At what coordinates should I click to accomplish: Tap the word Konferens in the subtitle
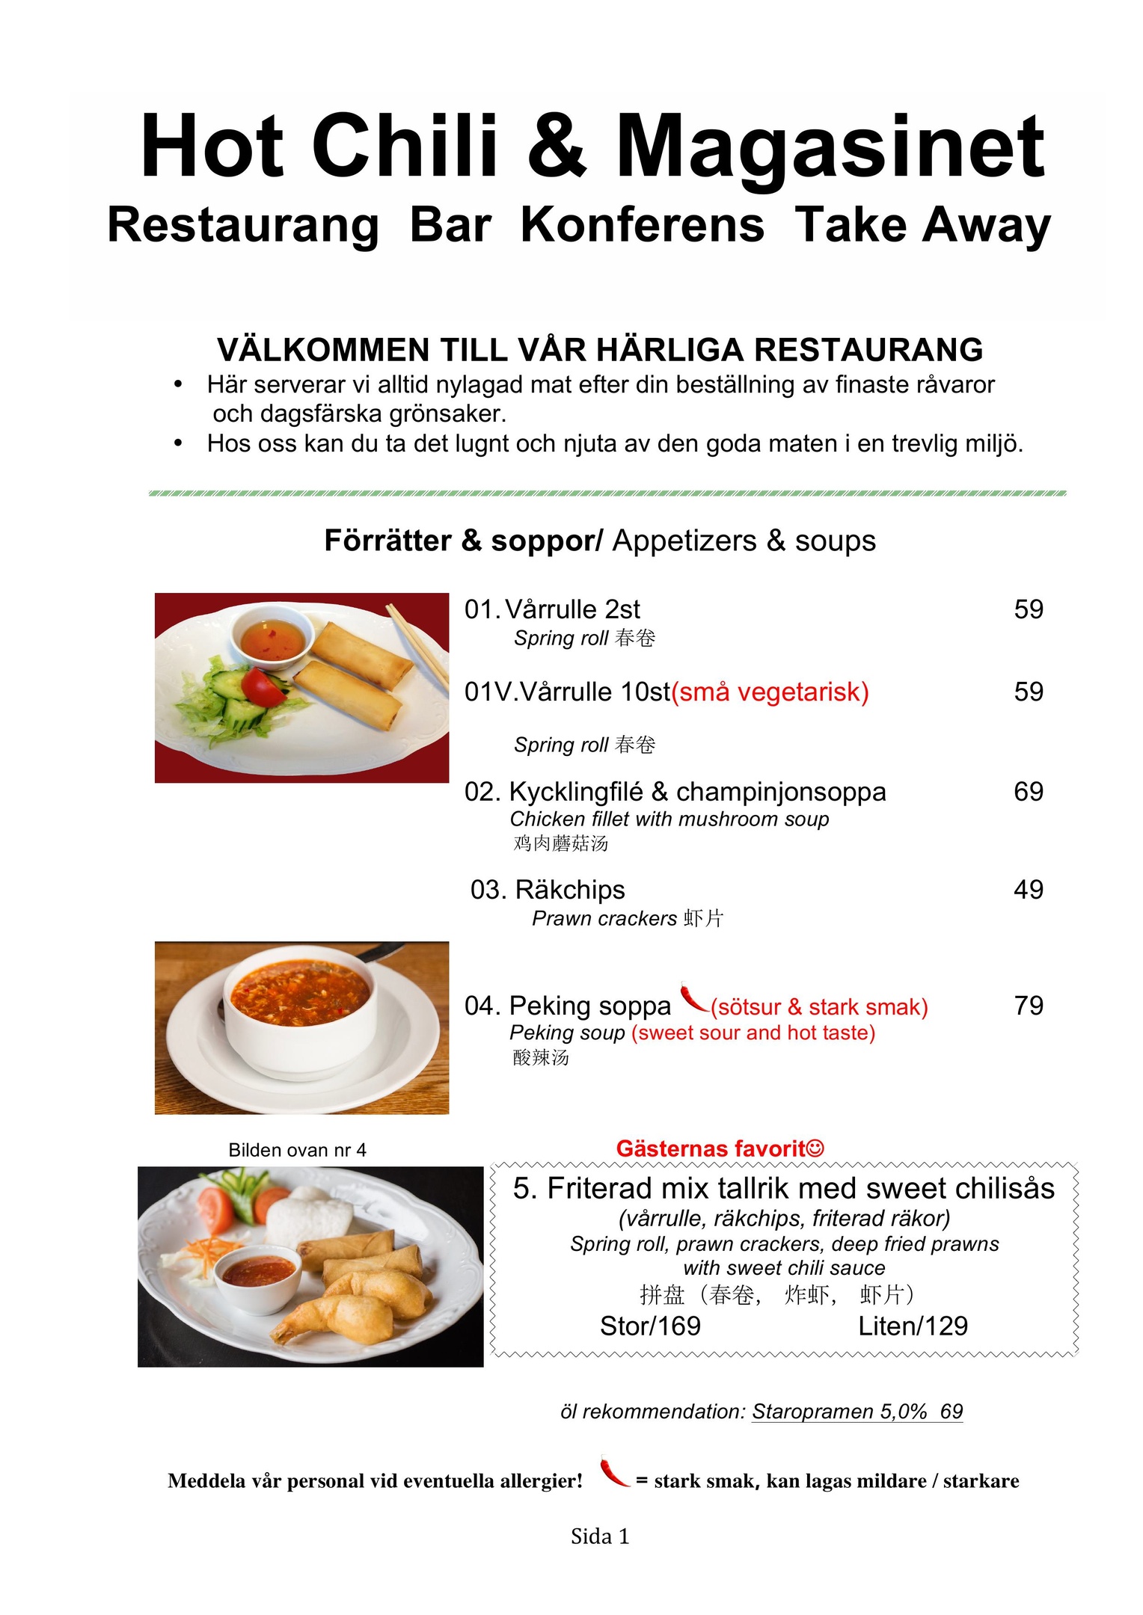click(642, 225)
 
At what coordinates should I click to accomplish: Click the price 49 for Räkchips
click(1028, 890)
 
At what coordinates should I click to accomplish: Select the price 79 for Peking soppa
click(1028, 1006)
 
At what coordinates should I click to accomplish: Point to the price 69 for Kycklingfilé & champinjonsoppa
click(1028, 792)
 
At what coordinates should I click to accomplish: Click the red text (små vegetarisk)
click(770, 692)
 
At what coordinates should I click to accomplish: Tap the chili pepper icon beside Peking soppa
click(693, 997)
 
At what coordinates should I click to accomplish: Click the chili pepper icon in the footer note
click(614, 1471)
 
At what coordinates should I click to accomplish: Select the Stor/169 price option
click(649, 1326)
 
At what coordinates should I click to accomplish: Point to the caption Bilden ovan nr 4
click(297, 1150)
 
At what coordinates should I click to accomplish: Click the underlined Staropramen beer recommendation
click(857, 1412)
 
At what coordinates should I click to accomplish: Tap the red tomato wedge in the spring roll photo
click(263, 686)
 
